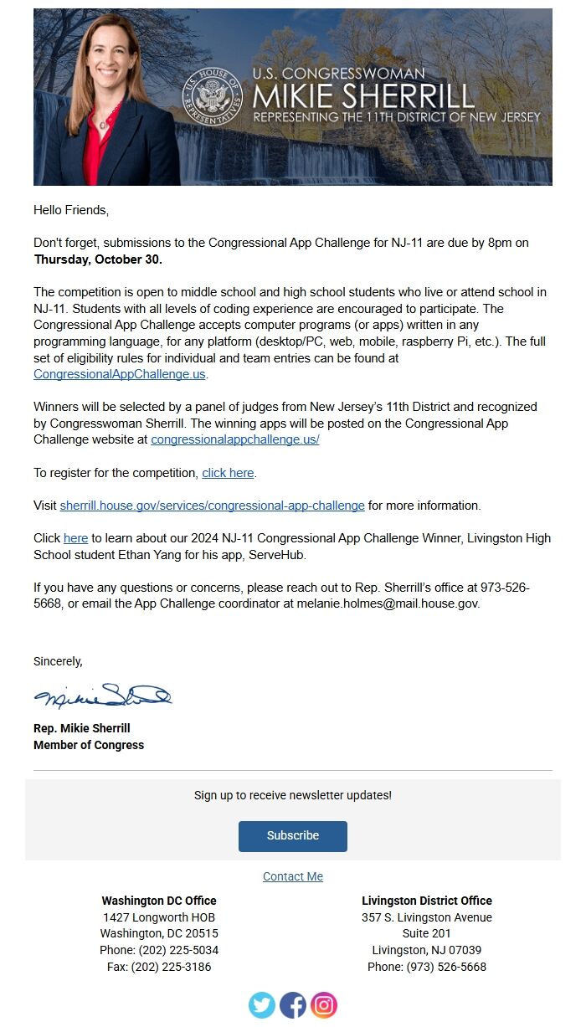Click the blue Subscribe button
(293, 835)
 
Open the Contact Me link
(293, 876)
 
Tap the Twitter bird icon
(262, 1004)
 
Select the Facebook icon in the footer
(293, 1004)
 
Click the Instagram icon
(324, 1004)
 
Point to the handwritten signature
(102, 696)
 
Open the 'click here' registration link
(228, 473)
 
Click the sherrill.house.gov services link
(212, 506)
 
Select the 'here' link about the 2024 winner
(75, 538)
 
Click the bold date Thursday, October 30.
(98, 259)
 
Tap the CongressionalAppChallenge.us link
(120, 374)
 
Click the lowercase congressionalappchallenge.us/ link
(235, 439)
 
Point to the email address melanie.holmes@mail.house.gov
(388, 603)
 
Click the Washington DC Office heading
(159, 901)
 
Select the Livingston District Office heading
(427, 901)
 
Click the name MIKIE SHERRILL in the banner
(363, 95)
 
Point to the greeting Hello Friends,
(71, 210)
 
